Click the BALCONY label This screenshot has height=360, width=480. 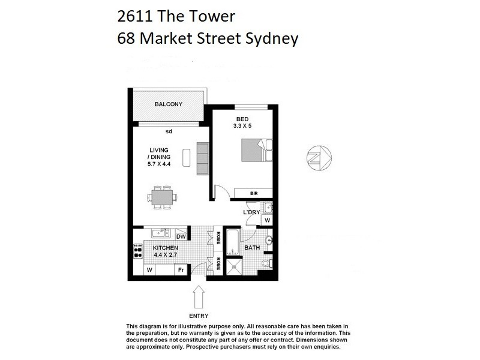click(x=168, y=104)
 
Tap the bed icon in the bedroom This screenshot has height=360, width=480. click(x=256, y=150)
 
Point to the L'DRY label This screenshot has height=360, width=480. click(x=251, y=213)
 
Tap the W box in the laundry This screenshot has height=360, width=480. click(x=267, y=220)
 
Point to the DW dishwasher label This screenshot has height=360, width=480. click(x=180, y=236)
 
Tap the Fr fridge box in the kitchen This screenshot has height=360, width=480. click(x=179, y=271)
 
